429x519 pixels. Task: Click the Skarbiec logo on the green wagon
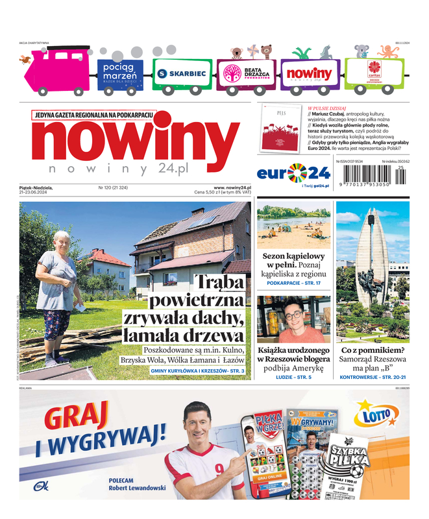tap(182, 73)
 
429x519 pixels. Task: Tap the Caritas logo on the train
tap(374, 70)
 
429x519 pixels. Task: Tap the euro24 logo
tap(294, 173)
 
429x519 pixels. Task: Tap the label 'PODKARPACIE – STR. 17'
tap(293, 284)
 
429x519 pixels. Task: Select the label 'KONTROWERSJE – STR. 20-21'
tap(373, 377)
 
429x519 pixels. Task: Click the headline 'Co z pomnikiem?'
tap(373, 351)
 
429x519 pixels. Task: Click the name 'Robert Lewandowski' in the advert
tap(137, 487)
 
